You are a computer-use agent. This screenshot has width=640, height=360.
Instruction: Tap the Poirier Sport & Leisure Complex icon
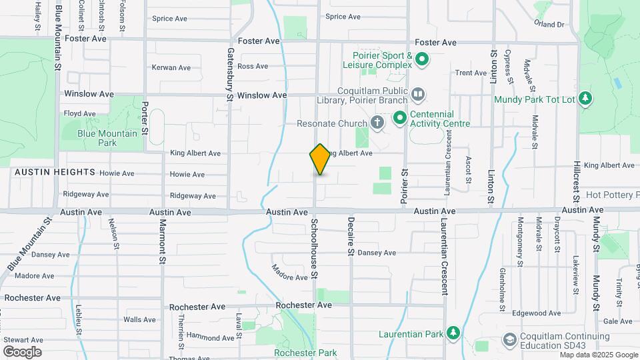click(421, 61)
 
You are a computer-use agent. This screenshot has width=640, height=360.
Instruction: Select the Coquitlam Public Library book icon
click(417, 95)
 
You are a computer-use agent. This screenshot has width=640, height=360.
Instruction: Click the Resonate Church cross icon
click(377, 123)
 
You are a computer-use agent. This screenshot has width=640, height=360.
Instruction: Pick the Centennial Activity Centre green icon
click(400, 119)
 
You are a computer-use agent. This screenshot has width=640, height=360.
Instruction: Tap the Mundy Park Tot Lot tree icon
click(585, 99)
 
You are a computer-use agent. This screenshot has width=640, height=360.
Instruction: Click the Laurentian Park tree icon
click(453, 332)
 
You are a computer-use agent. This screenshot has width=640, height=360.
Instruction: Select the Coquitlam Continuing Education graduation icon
click(509, 340)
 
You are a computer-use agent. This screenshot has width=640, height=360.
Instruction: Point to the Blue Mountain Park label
click(107, 138)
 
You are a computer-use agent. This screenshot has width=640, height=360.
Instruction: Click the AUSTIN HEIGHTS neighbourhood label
click(55, 172)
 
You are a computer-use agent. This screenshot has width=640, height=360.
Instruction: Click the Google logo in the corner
click(22, 351)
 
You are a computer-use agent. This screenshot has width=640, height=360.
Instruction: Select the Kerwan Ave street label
click(171, 67)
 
